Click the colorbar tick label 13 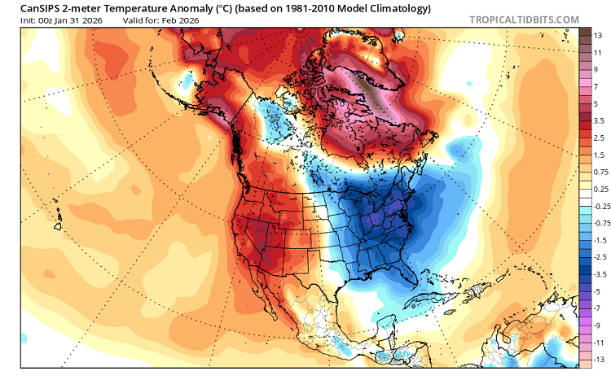click(x=597, y=36)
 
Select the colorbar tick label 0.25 click(x=600, y=188)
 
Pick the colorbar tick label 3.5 click(x=599, y=120)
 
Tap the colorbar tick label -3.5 click(x=599, y=274)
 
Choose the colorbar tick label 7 click(x=597, y=86)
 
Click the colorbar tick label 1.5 click(x=599, y=155)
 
